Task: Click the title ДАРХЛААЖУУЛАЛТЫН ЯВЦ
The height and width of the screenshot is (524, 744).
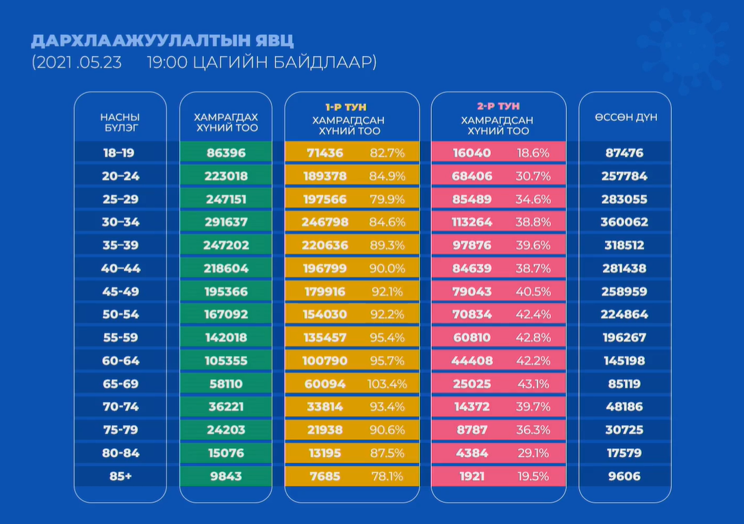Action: (x=162, y=41)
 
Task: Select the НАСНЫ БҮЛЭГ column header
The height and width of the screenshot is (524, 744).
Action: (x=120, y=122)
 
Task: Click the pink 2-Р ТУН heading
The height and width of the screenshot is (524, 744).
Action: (x=498, y=107)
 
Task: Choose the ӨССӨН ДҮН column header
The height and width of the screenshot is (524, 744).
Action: (x=625, y=117)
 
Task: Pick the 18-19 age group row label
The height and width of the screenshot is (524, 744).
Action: (x=120, y=153)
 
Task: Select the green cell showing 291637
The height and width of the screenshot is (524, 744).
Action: (x=226, y=222)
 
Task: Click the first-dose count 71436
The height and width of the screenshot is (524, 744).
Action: (x=325, y=153)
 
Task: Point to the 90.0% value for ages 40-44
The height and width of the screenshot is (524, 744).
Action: (x=387, y=269)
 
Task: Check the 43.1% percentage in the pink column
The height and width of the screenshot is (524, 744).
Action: (x=533, y=384)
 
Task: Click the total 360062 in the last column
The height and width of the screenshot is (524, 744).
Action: (x=625, y=222)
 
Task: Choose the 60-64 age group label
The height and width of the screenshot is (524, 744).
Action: (x=120, y=361)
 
